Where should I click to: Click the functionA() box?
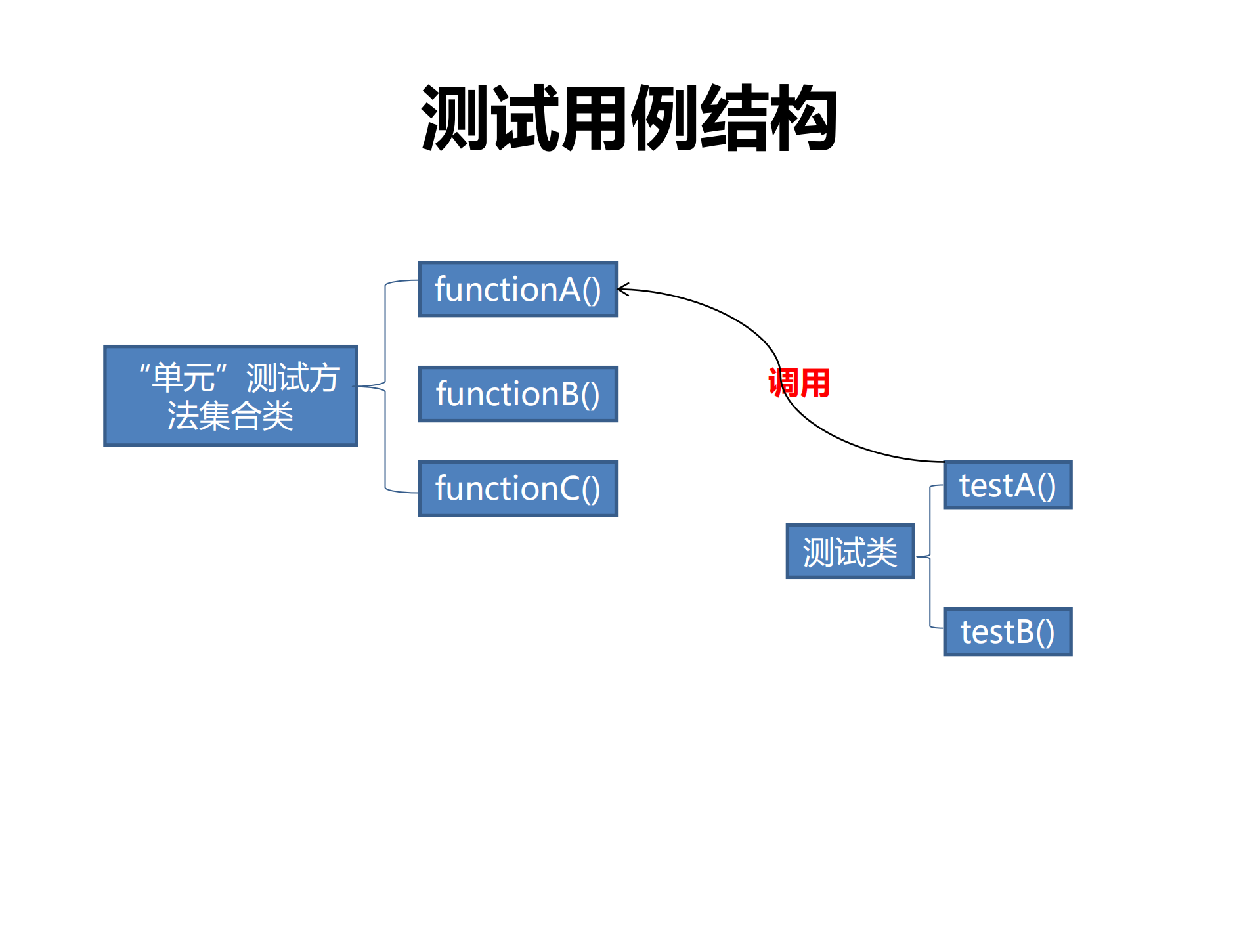pos(517,289)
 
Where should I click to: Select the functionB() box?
pos(517,394)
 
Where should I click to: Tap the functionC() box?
pos(517,489)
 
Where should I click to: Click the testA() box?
pos(1007,485)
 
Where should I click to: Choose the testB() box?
pos(1007,632)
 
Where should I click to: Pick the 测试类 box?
pos(850,552)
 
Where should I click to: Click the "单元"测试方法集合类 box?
pos(230,396)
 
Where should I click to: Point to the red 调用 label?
pos(799,383)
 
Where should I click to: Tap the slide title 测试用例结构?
pos(629,119)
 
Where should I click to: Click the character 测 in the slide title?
pos(455,119)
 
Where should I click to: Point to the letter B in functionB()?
pos(570,395)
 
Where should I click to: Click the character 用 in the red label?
pos(815,383)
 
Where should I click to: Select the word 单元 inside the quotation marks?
pos(183,378)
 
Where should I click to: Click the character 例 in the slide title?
pos(664,119)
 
